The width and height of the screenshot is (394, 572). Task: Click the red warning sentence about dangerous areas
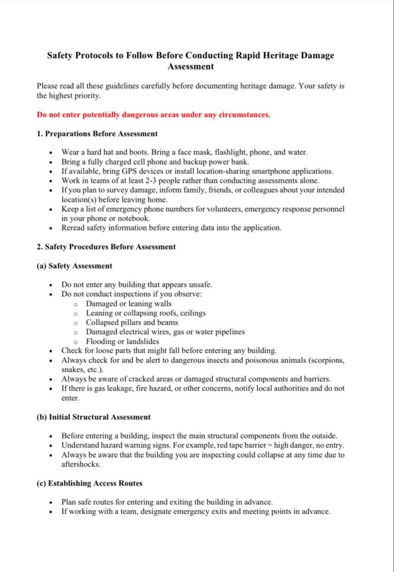tap(153, 115)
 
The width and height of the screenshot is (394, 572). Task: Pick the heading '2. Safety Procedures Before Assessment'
tap(106, 247)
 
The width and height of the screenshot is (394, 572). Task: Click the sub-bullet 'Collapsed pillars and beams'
tap(132, 322)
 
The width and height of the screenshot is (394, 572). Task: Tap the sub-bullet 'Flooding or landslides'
tap(122, 341)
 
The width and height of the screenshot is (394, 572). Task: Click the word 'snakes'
tap(74, 369)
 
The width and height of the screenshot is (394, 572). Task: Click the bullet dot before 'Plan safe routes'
tap(51, 503)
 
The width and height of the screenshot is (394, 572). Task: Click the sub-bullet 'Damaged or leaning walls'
tap(128, 304)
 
